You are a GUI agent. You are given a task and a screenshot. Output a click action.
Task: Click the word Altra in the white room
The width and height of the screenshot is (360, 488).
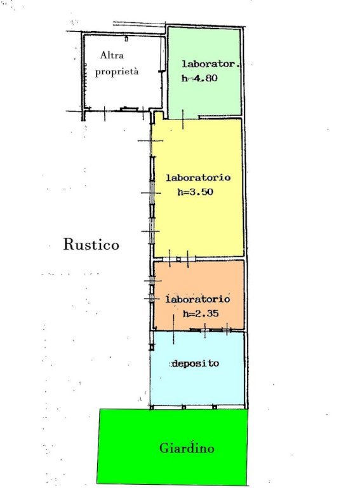pyautogui.click(x=112, y=55)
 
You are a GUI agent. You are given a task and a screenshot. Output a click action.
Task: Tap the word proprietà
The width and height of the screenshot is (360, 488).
pyautogui.click(x=117, y=72)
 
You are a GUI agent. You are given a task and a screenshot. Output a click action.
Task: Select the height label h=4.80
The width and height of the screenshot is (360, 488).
pyautogui.click(x=199, y=78)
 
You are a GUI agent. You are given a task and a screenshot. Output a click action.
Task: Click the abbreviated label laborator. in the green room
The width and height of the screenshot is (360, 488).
pyautogui.click(x=211, y=64)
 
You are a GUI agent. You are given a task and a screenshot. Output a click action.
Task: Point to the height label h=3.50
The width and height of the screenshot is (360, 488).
pyautogui.click(x=195, y=192)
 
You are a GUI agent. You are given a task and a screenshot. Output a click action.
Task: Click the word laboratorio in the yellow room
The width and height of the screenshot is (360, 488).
pyautogui.click(x=198, y=178)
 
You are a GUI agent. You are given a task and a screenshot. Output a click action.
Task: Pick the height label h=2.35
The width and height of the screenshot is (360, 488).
pyautogui.click(x=201, y=313)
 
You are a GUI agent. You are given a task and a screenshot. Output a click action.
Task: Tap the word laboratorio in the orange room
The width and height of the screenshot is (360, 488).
pyautogui.click(x=197, y=299)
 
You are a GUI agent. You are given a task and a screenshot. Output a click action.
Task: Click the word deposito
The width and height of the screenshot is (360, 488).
pyautogui.click(x=195, y=363)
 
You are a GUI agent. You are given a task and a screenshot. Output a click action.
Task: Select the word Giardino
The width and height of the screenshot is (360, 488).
pyautogui.click(x=187, y=448)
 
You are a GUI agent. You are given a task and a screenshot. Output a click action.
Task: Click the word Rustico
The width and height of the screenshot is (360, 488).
pyautogui.click(x=91, y=244)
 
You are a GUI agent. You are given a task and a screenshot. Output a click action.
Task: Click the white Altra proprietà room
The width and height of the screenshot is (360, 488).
pyautogui.click(x=124, y=90)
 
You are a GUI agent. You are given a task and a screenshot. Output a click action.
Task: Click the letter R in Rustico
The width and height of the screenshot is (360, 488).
pyautogui.click(x=68, y=244)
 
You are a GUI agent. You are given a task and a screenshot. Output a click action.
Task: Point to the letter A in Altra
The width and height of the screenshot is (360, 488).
pyautogui.click(x=103, y=55)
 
